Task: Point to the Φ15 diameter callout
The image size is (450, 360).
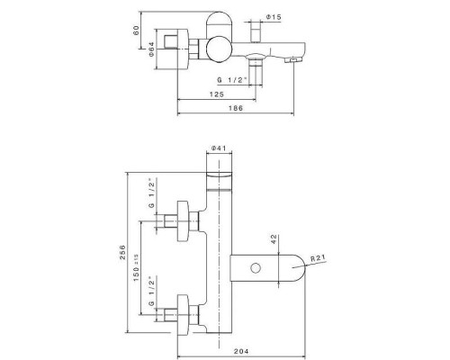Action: tap(274, 17)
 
